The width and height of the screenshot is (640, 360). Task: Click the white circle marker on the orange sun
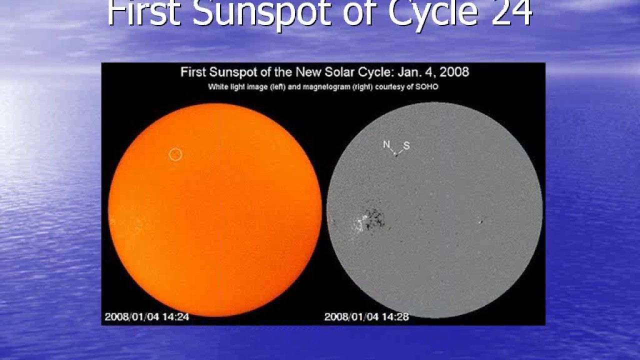click(x=175, y=154)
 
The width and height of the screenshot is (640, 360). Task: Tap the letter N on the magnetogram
click(x=386, y=144)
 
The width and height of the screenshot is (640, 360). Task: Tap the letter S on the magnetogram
click(x=406, y=145)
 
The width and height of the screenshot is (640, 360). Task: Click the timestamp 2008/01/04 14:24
click(x=146, y=316)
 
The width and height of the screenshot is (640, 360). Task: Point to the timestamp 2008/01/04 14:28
click(x=366, y=316)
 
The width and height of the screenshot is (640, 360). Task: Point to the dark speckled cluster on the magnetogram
click(x=374, y=218)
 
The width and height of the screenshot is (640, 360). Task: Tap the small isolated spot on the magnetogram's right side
click(x=480, y=221)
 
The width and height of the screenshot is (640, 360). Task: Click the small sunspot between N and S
click(x=396, y=154)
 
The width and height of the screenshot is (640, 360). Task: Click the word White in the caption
click(x=218, y=87)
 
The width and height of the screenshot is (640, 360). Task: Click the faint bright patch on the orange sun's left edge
click(x=112, y=220)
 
